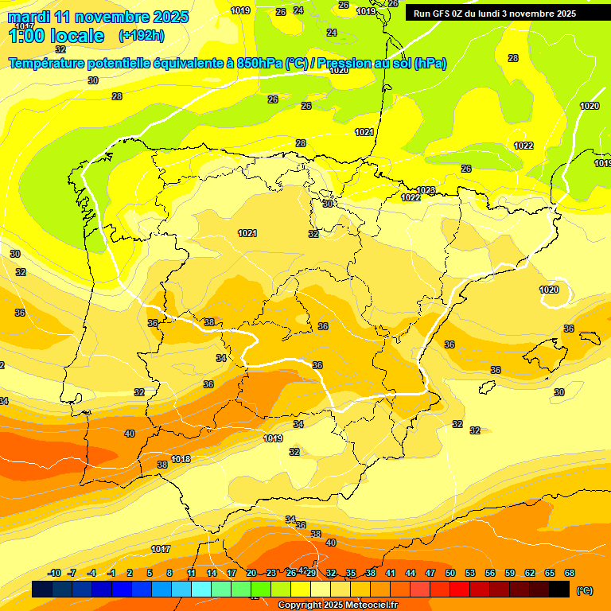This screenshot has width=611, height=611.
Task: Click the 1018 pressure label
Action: tap(181, 459)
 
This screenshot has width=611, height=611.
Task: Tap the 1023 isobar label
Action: tap(426, 190)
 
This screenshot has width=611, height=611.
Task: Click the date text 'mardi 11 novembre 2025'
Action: tap(98, 17)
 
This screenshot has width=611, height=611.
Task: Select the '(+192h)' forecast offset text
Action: tap(141, 36)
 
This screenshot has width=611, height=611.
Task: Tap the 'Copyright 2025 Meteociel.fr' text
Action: tap(338, 605)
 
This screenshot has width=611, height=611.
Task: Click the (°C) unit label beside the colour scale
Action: tap(584, 590)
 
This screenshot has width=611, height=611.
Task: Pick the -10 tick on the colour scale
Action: tap(54, 573)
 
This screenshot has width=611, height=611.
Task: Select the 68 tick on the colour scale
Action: tap(570, 573)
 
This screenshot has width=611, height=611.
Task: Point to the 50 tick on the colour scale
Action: tap(450, 573)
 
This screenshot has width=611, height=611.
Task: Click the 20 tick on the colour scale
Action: tap(251, 573)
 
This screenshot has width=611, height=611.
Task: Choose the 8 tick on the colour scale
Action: tap(169, 573)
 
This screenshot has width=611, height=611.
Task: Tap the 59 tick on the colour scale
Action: tap(510, 573)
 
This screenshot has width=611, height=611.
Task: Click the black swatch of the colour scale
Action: tap(559, 590)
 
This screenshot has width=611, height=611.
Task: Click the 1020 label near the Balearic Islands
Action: tap(549, 290)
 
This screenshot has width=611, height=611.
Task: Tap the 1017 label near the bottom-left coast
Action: tap(161, 549)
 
